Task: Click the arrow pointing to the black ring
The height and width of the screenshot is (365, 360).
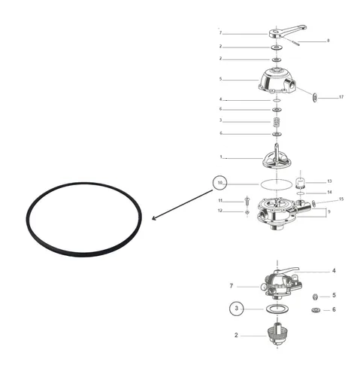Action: (183, 205)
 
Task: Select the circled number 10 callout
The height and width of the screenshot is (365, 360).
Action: (219, 183)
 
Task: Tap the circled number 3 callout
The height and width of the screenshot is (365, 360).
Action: (237, 309)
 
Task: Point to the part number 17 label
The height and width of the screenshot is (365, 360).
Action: (341, 97)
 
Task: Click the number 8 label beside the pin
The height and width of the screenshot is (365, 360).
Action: (328, 41)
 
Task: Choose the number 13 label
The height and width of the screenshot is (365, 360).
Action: (329, 181)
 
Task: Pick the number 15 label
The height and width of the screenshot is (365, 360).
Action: (341, 199)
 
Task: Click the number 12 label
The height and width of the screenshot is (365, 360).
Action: (220, 211)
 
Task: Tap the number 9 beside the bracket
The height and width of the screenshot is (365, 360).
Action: (329, 211)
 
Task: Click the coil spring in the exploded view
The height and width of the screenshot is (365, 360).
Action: (277, 123)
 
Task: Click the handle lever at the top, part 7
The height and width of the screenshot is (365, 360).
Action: (287, 32)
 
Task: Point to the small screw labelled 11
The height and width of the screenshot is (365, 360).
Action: (247, 201)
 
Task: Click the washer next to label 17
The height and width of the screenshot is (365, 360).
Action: (315, 97)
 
